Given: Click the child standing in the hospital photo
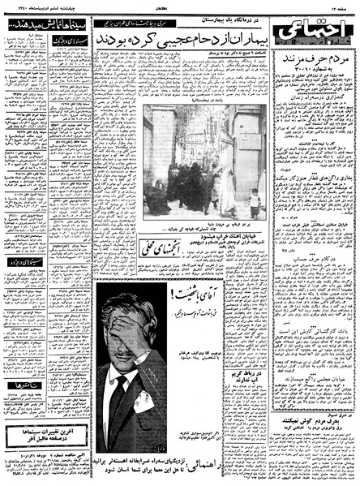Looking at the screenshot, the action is [x=255, y=200].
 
